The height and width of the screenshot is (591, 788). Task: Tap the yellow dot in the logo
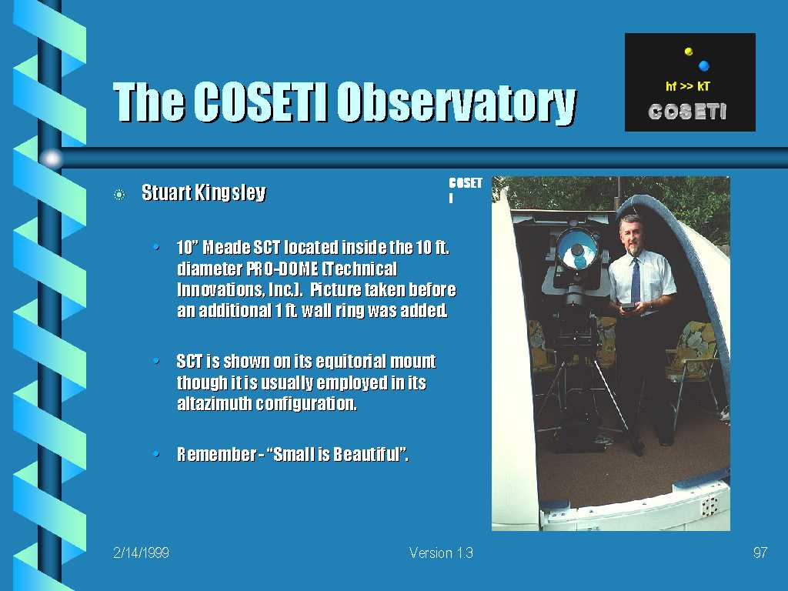coord(689,52)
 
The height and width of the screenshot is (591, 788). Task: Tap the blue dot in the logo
coord(704,65)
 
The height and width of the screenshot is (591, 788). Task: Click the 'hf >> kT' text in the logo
coord(688,86)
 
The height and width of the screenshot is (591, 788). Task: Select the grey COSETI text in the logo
coord(687,112)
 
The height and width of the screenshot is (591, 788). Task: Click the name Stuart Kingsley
coord(203,192)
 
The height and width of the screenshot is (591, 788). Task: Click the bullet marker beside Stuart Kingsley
coord(119,195)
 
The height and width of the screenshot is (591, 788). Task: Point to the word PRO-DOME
coord(282,269)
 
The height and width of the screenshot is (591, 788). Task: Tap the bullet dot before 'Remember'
coord(156,454)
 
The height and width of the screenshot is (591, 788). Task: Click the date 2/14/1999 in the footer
coord(142,553)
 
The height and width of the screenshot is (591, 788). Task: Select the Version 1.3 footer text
coord(441,553)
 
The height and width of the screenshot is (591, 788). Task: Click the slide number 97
coord(760,553)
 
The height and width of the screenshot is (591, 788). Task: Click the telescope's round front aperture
coord(578,250)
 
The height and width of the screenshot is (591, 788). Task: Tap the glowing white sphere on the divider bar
coord(52,159)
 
